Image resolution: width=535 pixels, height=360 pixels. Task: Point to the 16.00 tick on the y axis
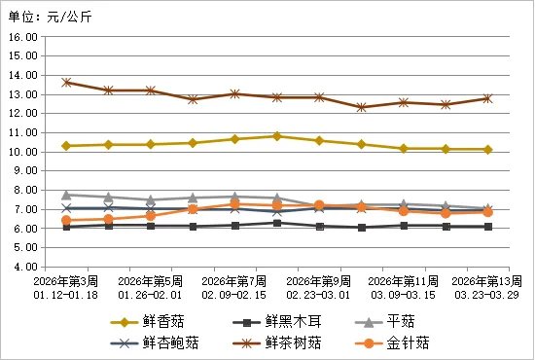22,37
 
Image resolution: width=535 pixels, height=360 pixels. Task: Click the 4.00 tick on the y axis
24,267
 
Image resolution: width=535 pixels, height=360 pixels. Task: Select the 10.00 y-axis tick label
22,152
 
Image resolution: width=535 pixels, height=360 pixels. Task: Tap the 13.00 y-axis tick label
22,94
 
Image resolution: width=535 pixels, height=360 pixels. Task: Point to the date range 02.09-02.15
234,293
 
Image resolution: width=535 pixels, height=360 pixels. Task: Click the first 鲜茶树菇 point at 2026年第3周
66,83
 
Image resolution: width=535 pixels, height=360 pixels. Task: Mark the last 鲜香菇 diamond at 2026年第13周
487,149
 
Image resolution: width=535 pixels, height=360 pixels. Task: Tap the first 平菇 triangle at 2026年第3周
66,195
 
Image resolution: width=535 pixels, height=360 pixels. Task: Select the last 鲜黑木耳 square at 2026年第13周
487,227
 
